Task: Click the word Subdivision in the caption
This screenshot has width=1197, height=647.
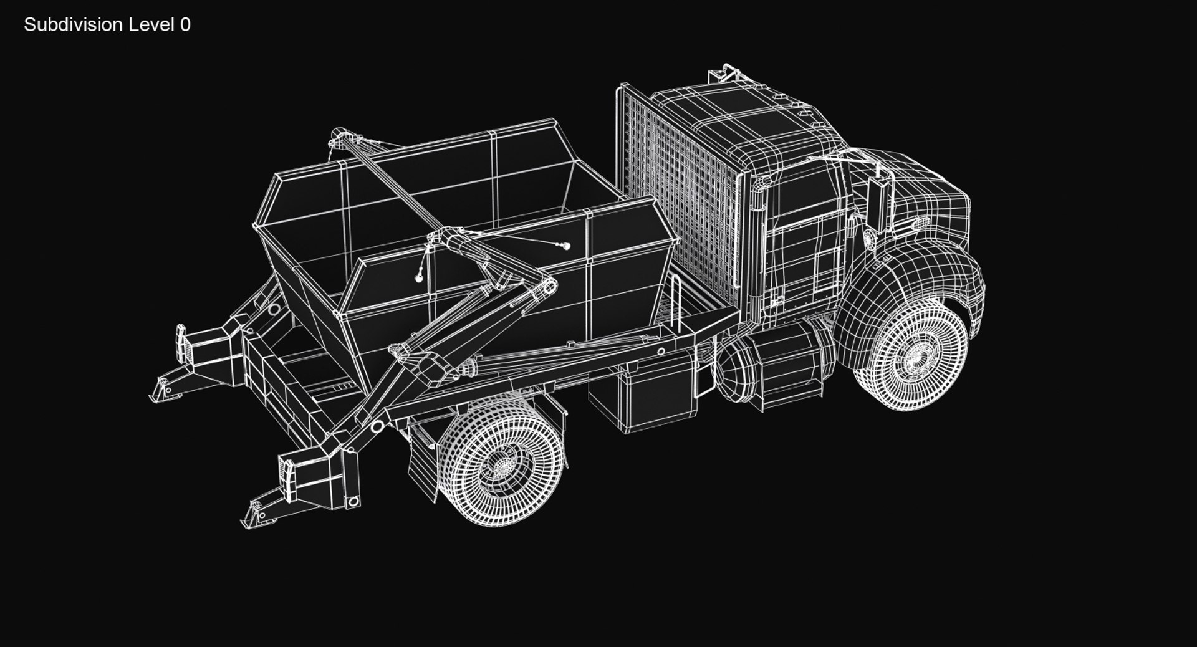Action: coord(73,25)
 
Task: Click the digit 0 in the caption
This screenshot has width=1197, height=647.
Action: coord(185,25)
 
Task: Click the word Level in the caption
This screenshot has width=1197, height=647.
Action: coord(151,25)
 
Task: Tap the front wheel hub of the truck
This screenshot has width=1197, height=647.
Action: coord(916,356)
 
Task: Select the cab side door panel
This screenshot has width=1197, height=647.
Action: coord(804,249)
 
